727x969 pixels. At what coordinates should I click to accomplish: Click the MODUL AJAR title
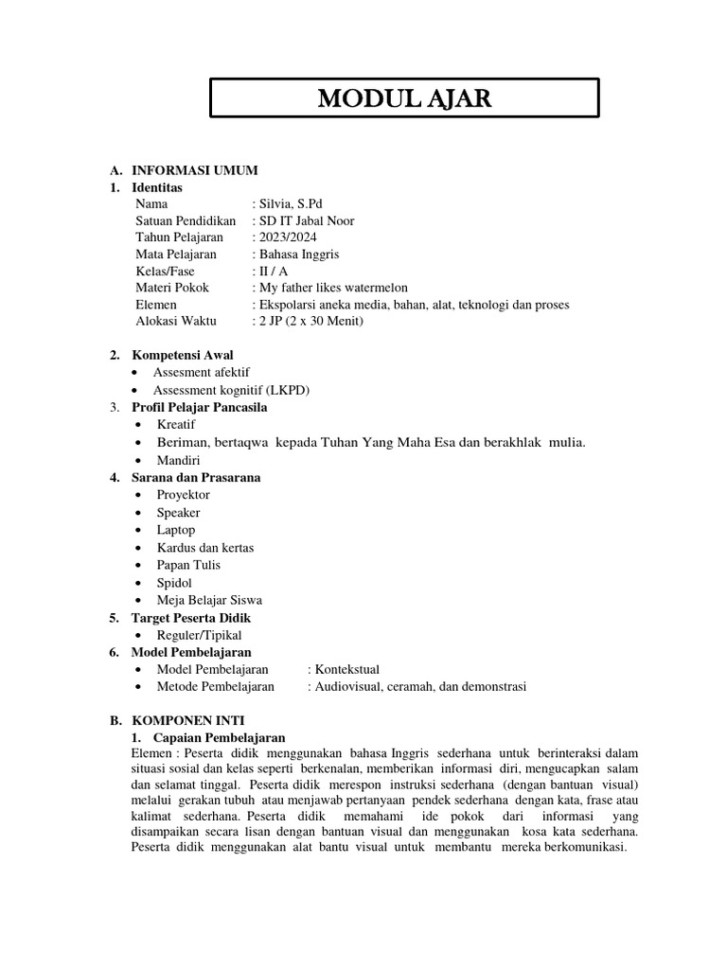pos(403,98)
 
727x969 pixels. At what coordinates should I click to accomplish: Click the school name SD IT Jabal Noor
pos(304,220)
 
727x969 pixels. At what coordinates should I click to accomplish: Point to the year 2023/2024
pos(287,238)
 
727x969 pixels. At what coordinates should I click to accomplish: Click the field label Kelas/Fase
pos(165,272)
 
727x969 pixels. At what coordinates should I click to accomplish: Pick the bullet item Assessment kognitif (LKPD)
pos(231,390)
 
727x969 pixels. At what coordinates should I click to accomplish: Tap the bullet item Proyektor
pos(183,495)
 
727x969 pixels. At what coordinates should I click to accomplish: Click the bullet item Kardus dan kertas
pos(204,547)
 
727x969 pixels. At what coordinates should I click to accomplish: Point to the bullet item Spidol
pos(175,582)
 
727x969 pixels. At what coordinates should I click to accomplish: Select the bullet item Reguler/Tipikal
pos(199,635)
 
